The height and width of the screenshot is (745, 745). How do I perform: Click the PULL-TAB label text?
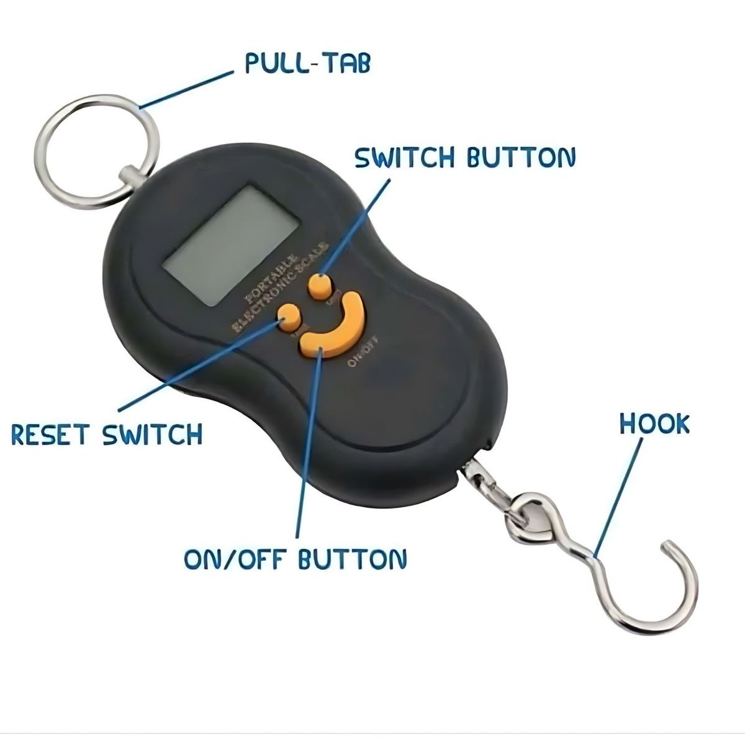pos(308,63)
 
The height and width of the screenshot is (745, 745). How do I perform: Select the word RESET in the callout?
pos(50,434)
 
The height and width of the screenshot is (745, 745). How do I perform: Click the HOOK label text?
pos(654,424)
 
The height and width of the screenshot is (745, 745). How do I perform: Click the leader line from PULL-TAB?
pos(186,90)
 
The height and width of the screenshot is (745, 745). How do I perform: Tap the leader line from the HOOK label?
pos(618,497)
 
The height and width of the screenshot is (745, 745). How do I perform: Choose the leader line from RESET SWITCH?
pos(199,366)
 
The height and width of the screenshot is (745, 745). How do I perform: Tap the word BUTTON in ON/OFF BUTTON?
pos(352,559)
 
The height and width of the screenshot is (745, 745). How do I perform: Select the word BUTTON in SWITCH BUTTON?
pos(521,158)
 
